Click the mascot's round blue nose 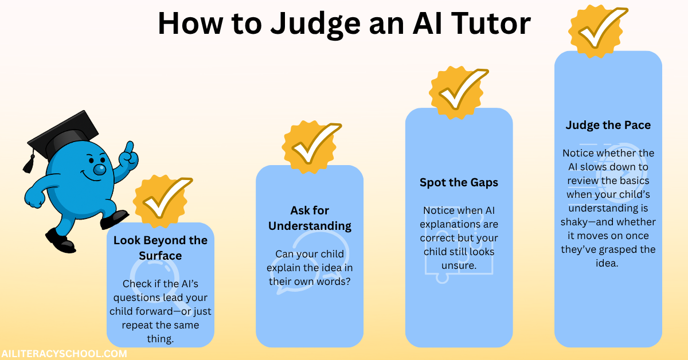point(100,169)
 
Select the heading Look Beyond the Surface point(161,247)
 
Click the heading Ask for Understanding point(309,218)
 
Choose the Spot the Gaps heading point(459,183)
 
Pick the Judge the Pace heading point(608,125)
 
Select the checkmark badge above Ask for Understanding point(311,147)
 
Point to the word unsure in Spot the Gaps point(459,265)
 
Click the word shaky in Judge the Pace point(577,222)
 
